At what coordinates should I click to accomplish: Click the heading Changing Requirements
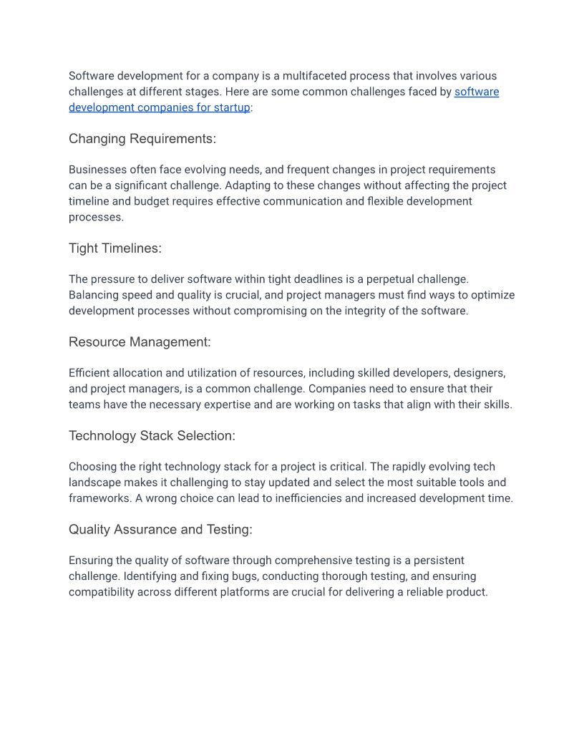[x=142, y=139]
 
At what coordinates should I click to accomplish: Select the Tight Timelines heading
[x=115, y=248]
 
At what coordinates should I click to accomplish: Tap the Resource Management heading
[x=140, y=342]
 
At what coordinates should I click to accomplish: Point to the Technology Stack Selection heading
[x=152, y=436]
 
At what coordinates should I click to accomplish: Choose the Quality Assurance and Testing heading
[x=160, y=530]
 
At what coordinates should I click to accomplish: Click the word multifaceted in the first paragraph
[x=316, y=76]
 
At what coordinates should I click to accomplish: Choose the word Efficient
[x=90, y=373]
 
